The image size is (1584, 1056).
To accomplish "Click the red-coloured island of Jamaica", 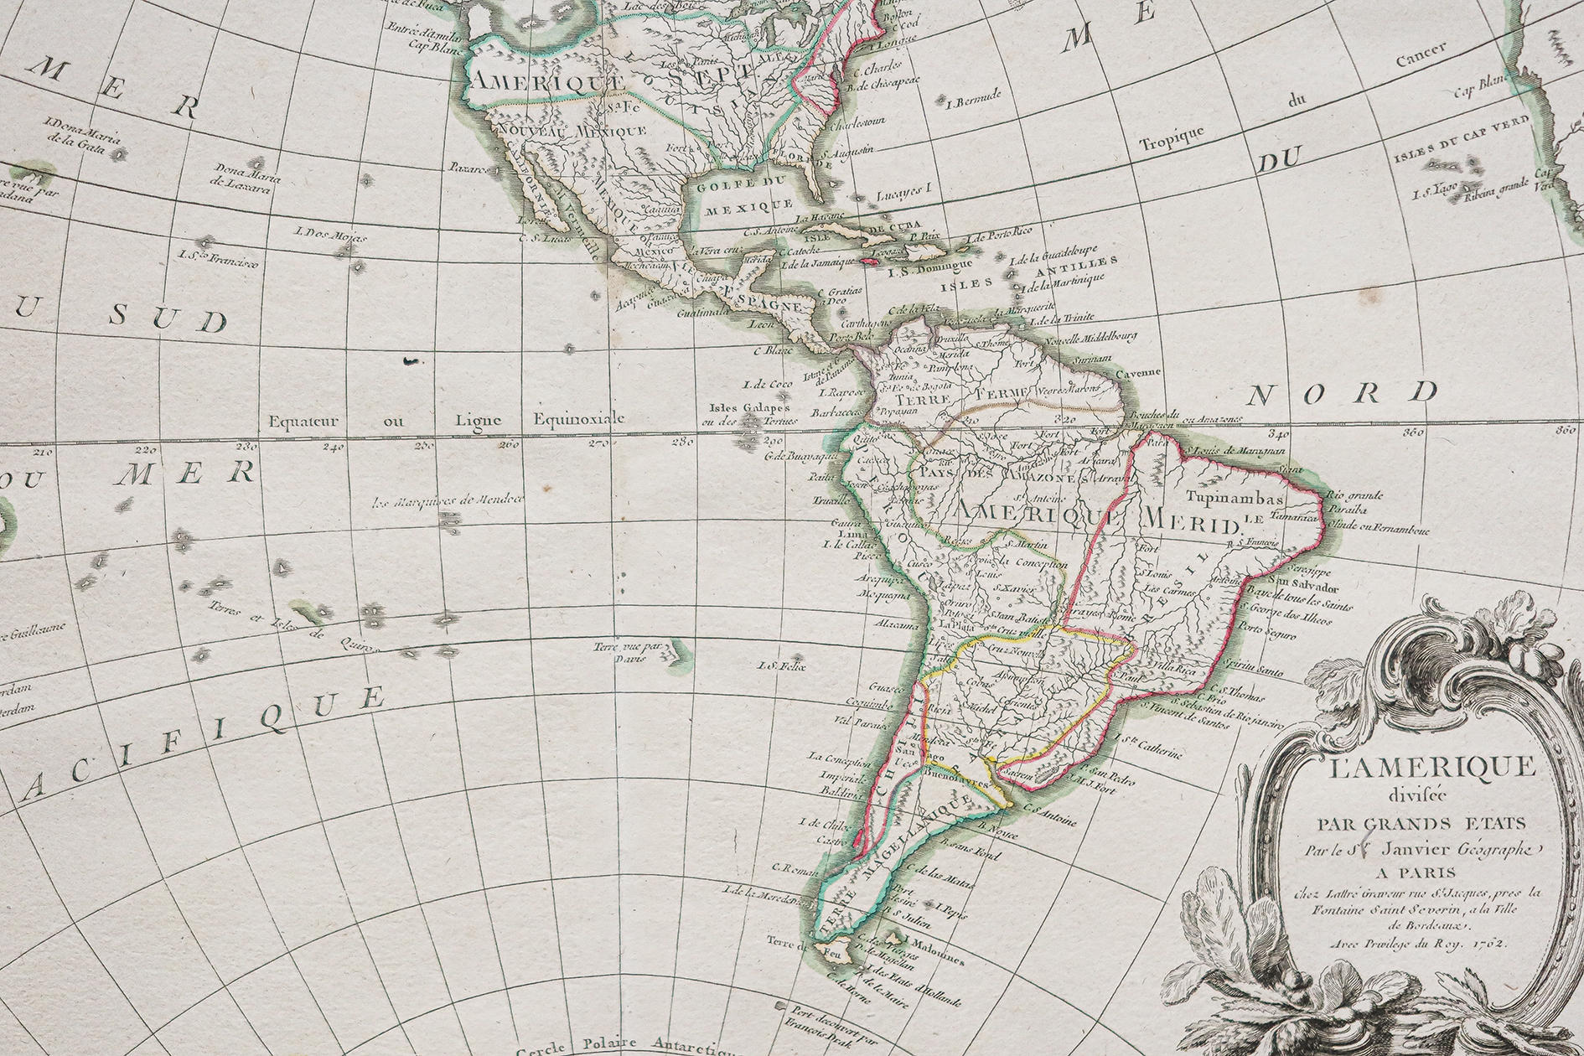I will coord(875,263).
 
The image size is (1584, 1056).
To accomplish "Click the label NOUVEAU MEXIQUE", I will coord(572,132).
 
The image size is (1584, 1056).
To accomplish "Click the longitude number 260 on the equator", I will coord(508,444).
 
